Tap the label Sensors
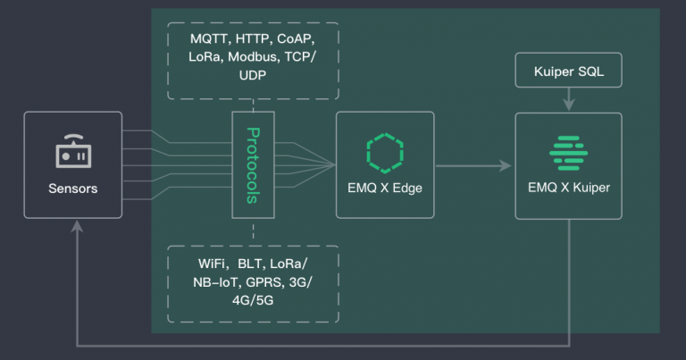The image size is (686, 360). [x=72, y=188]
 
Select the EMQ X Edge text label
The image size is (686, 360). [x=385, y=188]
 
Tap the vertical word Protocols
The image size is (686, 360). [x=253, y=165]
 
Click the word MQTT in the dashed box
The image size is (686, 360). [x=209, y=40]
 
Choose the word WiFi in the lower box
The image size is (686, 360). [x=214, y=264]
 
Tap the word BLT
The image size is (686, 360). [x=254, y=264]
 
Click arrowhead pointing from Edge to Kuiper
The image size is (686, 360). [x=506, y=165]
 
